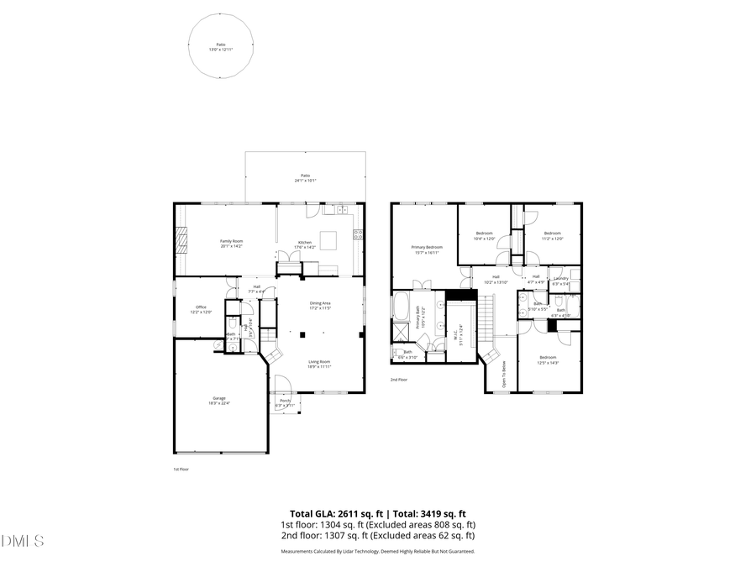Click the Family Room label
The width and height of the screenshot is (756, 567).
pyautogui.click(x=231, y=241)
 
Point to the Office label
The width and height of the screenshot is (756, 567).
pyautogui.click(x=201, y=307)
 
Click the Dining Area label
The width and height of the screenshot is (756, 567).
pyautogui.click(x=320, y=303)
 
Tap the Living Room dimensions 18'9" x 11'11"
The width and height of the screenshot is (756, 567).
pyautogui.click(x=319, y=366)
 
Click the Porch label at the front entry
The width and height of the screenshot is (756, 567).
pyautogui.click(x=285, y=401)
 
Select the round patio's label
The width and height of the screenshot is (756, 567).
pyautogui.click(x=221, y=44)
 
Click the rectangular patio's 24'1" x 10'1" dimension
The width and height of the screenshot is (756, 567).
pyautogui.click(x=305, y=181)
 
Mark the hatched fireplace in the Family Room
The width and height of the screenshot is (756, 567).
pyautogui.click(x=182, y=239)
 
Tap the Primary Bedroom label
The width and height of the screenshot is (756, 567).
pyautogui.click(x=427, y=247)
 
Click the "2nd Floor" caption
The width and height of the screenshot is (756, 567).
pyautogui.click(x=398, y=380)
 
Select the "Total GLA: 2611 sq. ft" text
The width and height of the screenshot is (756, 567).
pyautogui.click(x=337, y=513)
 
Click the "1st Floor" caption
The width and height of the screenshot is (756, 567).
pyautogui.click(x=181, y=469)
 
